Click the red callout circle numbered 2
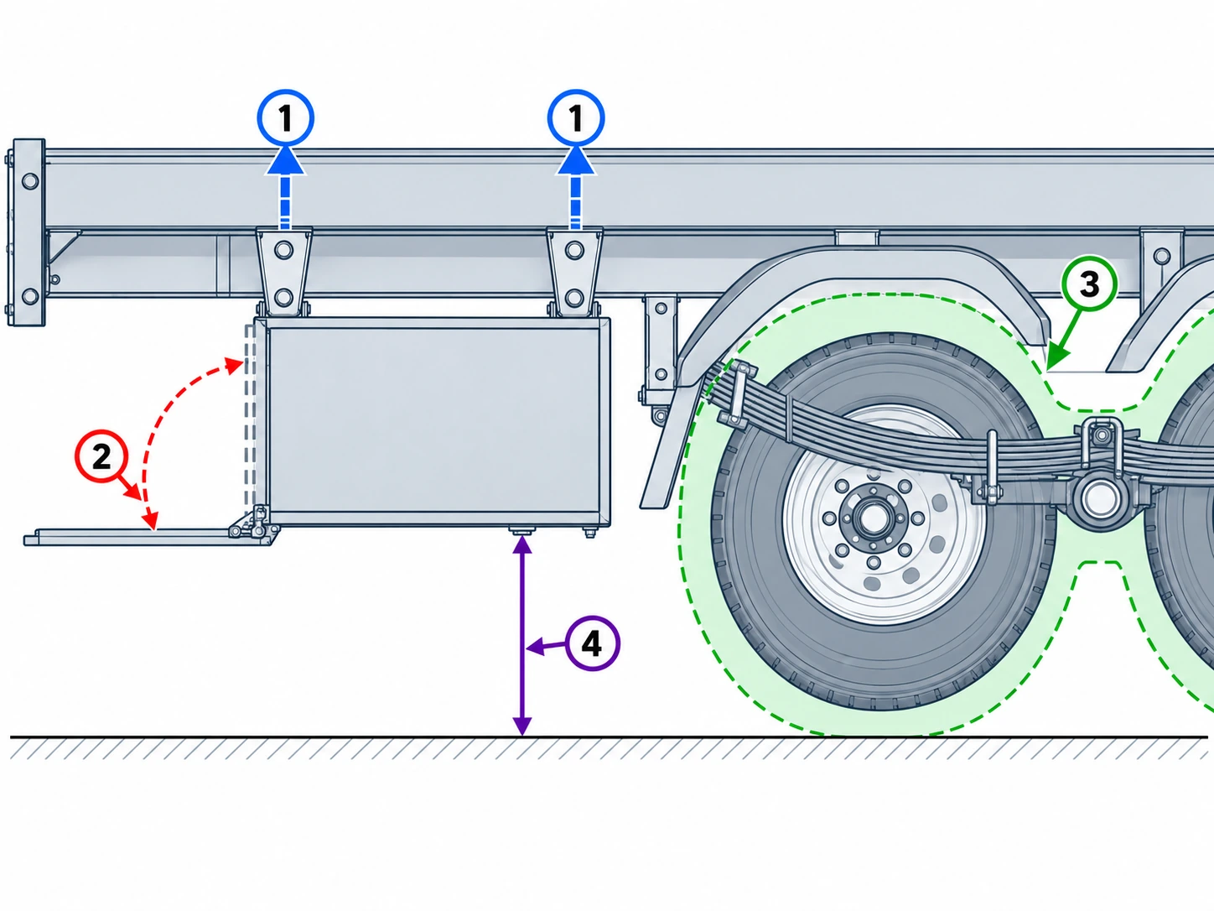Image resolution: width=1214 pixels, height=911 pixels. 101,457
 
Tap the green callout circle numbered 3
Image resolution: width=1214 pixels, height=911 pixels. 1089,284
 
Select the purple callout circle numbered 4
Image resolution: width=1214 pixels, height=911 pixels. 592,644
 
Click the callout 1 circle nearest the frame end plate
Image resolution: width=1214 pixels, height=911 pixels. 285,117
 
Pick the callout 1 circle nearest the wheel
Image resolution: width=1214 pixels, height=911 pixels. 576,117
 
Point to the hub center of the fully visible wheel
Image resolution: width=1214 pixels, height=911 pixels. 874,518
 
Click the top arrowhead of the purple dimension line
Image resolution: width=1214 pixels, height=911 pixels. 522,544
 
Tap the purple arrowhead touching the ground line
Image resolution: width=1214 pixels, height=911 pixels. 522,726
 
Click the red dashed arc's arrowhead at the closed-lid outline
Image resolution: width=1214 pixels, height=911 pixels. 236,363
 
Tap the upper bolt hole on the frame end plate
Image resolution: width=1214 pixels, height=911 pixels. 30,181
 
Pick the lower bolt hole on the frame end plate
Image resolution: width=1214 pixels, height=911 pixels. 30,296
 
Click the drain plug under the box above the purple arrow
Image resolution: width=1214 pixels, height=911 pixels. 521,531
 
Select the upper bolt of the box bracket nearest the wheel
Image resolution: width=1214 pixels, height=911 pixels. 574,250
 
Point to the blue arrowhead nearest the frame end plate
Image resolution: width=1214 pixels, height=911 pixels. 285,160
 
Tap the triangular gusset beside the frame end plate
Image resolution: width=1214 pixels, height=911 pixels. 62,247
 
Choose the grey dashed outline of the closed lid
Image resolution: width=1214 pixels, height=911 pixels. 250,415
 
